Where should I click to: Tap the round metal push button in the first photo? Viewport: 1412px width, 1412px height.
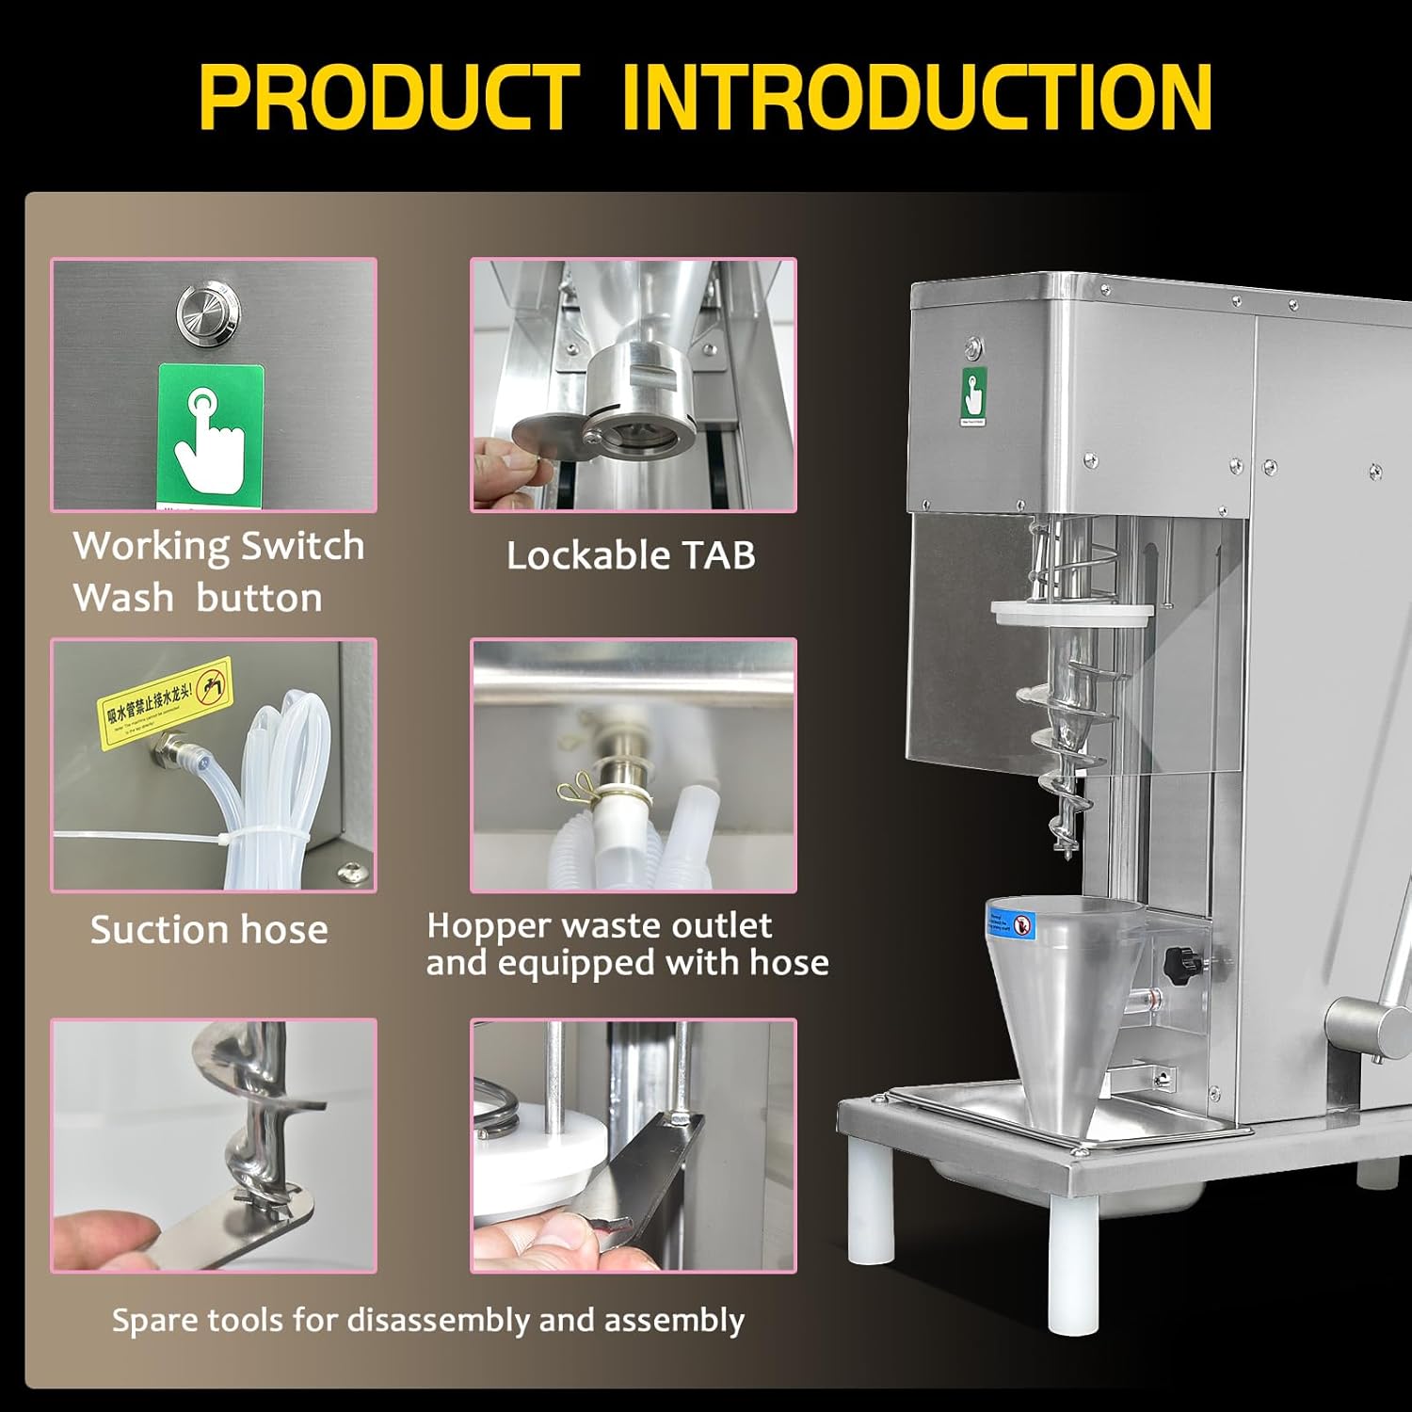coord(207,313)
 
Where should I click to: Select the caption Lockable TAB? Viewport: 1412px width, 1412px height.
coord(631,555)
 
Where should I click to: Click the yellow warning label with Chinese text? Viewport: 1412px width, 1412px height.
coord(166,701)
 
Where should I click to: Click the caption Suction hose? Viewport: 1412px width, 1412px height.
coord(209,930)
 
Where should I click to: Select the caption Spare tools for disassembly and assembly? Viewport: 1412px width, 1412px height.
coord(428,1320)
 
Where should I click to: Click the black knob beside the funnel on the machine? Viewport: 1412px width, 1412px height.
coord(1178,963)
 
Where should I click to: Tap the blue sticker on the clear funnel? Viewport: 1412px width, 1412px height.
coord(1023,924)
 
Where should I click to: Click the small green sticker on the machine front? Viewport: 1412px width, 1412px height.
coord(973,395)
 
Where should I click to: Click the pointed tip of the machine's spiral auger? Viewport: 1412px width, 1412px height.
coord(1067,858)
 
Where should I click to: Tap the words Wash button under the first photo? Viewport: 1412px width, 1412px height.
coord(198,598)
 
